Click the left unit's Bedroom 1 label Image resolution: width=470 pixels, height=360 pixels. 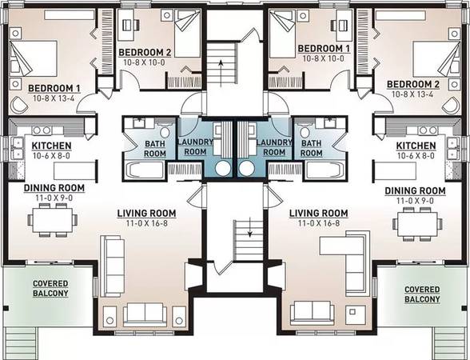tap(54, 88)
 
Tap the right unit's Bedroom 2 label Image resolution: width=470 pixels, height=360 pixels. tap(413, 84)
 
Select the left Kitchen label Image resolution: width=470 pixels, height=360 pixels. tap(51, 146)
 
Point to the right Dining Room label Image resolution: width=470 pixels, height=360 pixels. tap(415, 190)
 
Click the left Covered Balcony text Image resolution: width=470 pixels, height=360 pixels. tap(50, 288)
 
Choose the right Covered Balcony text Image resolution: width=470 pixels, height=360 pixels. tap(422, 294)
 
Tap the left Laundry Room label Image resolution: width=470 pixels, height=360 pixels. tap(195, 146)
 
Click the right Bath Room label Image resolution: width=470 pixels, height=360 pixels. tap(312, 148)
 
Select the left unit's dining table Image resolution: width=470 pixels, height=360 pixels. tap(53, 219)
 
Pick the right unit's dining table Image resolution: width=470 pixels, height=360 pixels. tap(417, 222)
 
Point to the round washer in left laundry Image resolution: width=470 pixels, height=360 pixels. tap(223, 169)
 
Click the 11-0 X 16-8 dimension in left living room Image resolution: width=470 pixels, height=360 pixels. tap(146, 223)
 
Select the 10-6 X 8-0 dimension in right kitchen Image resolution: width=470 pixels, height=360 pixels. tap(416, 156)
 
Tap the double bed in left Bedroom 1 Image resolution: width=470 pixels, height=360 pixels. tap(34, 58)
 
